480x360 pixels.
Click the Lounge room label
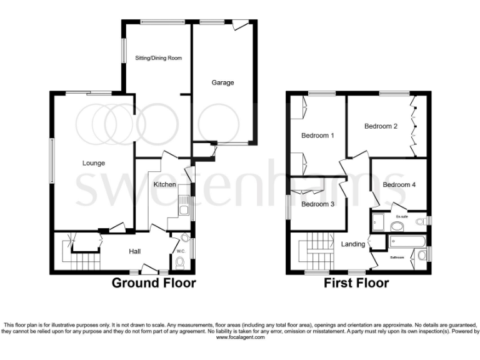(93, 163)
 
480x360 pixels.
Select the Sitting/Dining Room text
(158, 58)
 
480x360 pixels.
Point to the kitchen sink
(183, 207)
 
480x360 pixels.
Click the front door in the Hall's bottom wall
(148, 270)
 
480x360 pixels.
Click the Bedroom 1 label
(317, 136)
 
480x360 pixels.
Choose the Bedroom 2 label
(381, 126)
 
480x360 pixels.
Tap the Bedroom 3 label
(317, 204)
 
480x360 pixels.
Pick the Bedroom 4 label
(399, 184)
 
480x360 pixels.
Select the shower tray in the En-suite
(377, 222)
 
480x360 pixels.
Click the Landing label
(353, 244)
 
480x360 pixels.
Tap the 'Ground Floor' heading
(154, 283)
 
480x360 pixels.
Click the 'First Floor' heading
(356, 283)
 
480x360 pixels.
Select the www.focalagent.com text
(240, 337)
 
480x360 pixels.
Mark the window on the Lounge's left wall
(51, 160)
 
